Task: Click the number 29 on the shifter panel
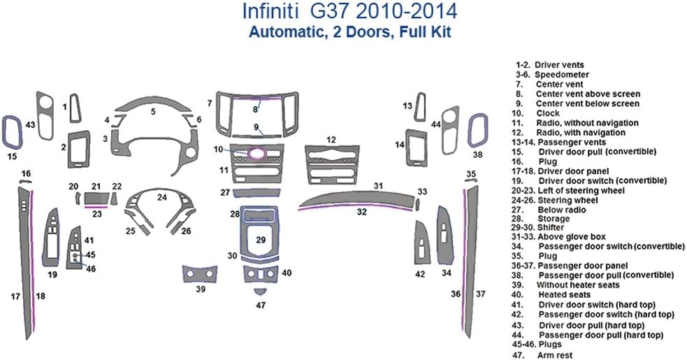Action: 261,240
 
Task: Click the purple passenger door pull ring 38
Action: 477,129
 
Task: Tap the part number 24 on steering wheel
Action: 161,197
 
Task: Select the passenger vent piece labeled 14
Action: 417,145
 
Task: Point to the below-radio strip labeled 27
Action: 259,192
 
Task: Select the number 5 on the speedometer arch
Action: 153,111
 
